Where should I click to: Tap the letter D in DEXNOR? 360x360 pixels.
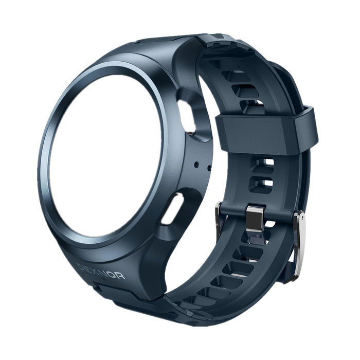point(80,265)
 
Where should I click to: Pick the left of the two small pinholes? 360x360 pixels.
point(197,165)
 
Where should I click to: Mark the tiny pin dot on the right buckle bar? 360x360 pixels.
point(302,220)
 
